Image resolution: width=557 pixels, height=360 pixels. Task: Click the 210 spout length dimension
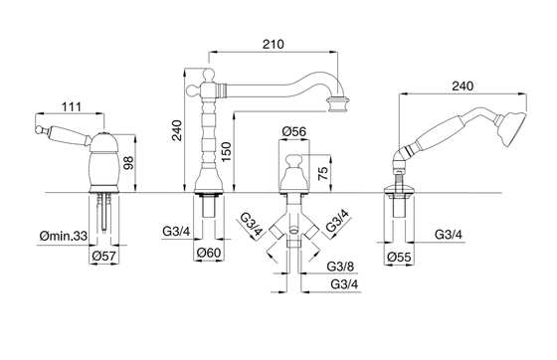[x=274, y=45]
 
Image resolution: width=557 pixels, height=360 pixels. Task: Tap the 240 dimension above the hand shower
[x=463, y=87]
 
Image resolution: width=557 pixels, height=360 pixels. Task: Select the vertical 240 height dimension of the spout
[x=177, y=130]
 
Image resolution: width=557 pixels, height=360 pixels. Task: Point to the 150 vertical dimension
[x=227, y=151]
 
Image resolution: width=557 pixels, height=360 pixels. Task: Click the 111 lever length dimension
[x=72, y=106]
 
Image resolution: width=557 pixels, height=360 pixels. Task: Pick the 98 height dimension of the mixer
[x=128, y=163]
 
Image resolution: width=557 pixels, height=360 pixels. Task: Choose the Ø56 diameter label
[x=294, y=131]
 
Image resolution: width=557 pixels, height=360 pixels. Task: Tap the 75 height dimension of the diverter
[x=323, y=174]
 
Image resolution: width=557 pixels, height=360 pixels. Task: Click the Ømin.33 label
[x=64, y=236]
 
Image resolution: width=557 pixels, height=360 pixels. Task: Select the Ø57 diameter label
[x=103, y=256]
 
